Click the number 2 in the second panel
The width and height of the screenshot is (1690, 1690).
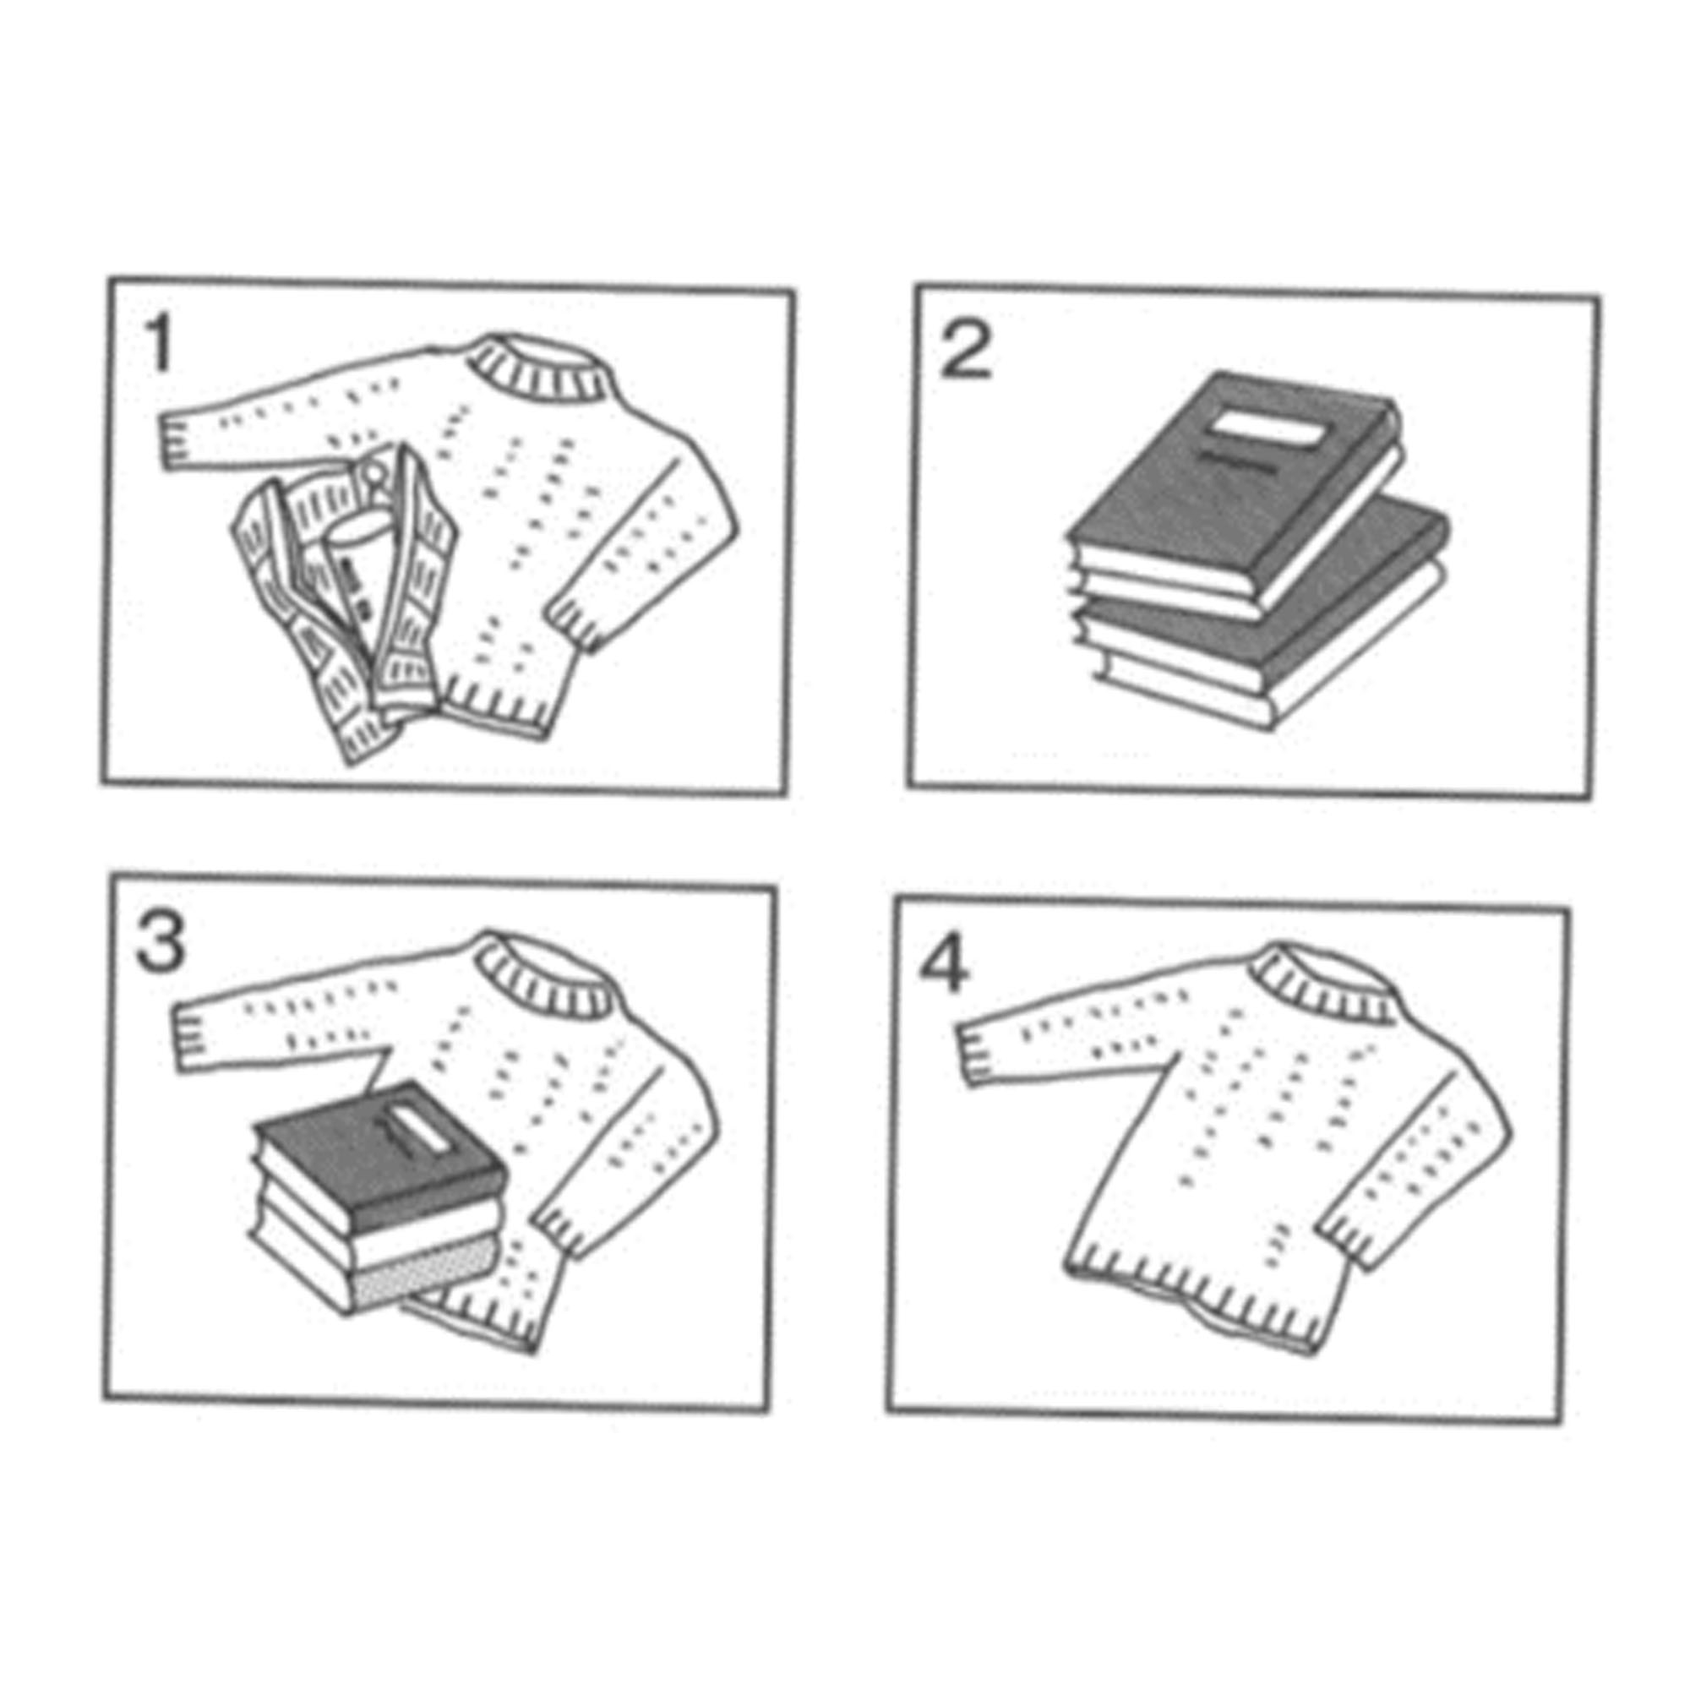tap(965, 351)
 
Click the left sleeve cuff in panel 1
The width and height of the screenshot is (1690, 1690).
tap(176, 440)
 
